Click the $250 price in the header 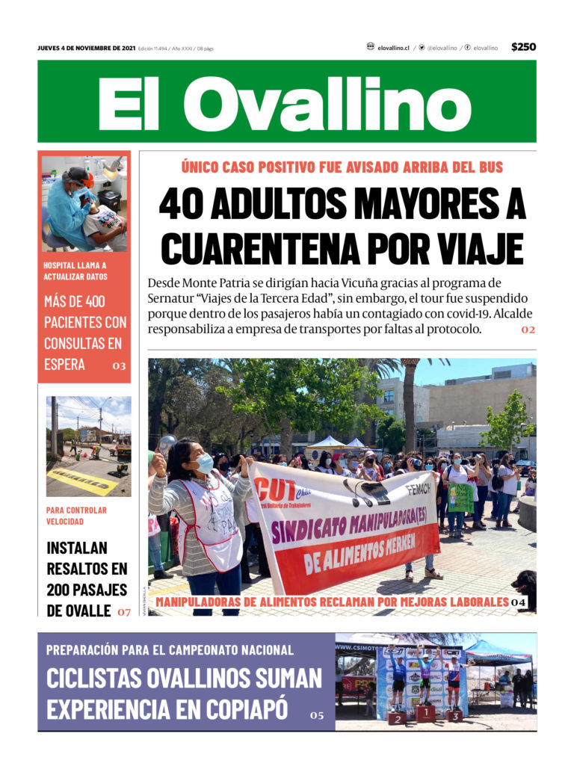pos(523,47)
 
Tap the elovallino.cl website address pos(393,48)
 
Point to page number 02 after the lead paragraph pos(528,330)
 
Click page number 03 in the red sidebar pos(119,366)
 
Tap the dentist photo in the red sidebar pos(84,203)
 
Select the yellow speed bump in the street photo pos(82,481)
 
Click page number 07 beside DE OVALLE pos(123,612)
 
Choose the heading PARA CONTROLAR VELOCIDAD pos(76,516)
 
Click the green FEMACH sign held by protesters pos(460,497)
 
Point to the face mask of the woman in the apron pos(204,463)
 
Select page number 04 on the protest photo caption pos(519,602)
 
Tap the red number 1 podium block pos(425,714)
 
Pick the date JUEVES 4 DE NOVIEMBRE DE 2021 pos(87,48)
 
